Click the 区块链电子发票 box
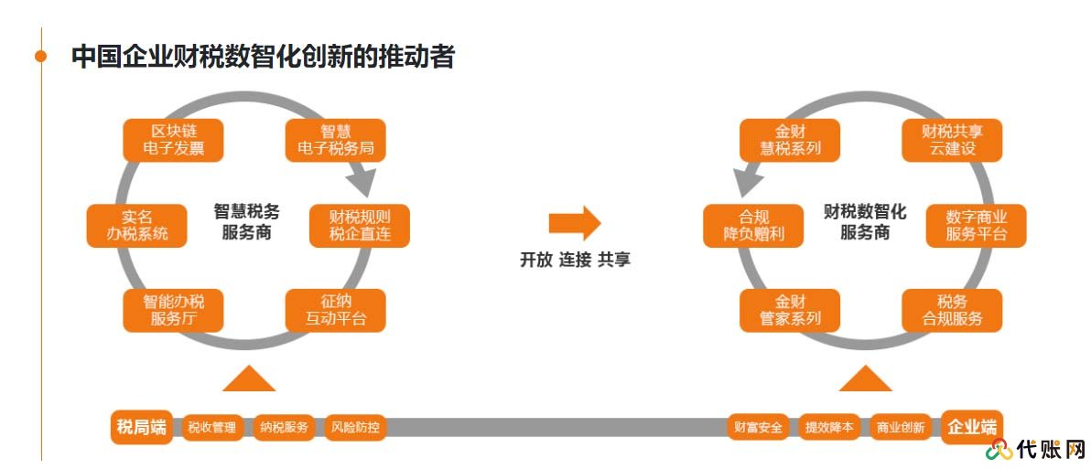coord(173,139)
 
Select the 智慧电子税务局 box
coord(336,139)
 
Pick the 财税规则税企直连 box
coord(360,225)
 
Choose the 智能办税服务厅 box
coord(173,310)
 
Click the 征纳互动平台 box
coord(336,310)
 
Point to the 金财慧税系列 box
coord(789,139)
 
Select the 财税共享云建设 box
coord(952,139)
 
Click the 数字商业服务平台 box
coord(976,225)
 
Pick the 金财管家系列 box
coord(789,310)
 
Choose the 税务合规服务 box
coord(952,310)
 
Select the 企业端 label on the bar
coord(971,427)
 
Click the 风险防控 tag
coord(355,427)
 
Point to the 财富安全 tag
coord(758,427)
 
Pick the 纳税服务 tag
coord(284,427)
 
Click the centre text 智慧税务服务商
coord(247,221)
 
